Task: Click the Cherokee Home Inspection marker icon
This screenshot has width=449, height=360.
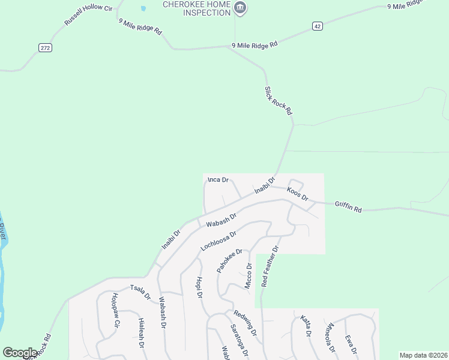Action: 240,8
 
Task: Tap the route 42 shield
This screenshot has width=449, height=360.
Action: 318,26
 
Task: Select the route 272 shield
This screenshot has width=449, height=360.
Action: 44,47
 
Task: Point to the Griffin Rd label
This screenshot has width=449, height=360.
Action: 349,207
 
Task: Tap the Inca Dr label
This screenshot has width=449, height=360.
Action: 218,179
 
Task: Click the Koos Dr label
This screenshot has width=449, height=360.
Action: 297,194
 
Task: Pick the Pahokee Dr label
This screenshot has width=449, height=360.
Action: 229,261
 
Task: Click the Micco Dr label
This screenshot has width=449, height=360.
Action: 248,276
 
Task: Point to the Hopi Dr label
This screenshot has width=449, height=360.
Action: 199,288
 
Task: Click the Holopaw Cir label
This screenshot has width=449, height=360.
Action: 115,310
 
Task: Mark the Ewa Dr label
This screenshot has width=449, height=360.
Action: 351,344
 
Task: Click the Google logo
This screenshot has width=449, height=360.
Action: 20,352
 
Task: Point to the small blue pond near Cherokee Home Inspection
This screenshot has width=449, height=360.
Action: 143,9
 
